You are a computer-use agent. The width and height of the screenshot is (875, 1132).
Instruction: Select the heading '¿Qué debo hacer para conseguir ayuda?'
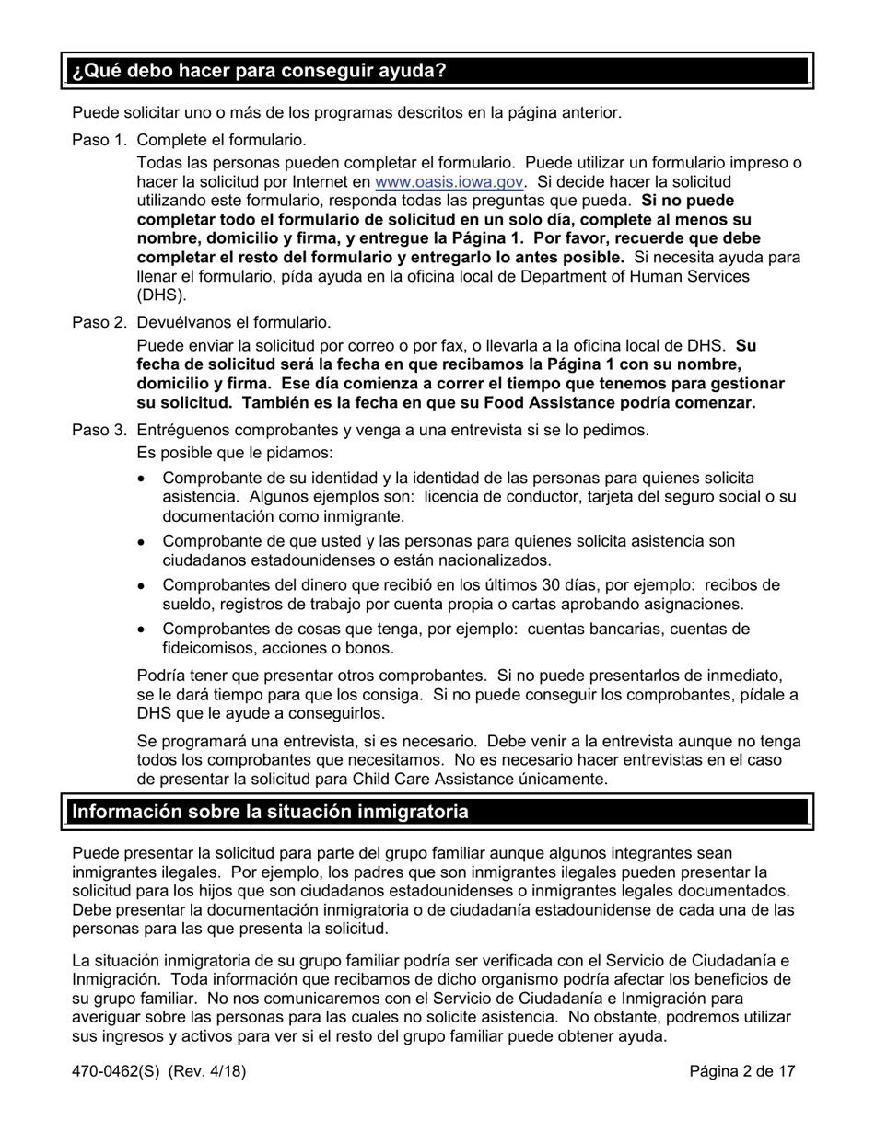coord(260,71)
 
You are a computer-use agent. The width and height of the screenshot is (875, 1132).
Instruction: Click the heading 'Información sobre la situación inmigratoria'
coord(270,812)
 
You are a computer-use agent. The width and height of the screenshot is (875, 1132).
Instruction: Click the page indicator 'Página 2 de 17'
coord(742,1070)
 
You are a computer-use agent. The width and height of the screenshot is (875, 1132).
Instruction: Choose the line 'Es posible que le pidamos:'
coord(235,453)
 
